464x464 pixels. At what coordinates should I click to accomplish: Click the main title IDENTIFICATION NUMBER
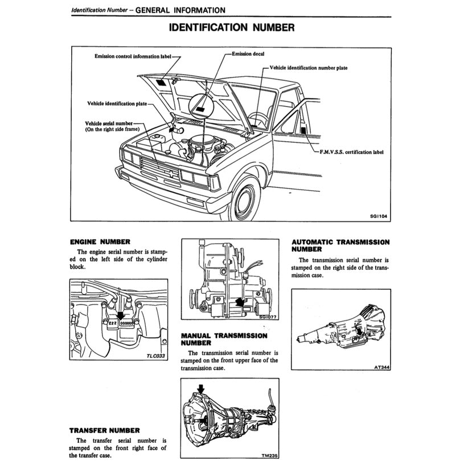click(232, 27)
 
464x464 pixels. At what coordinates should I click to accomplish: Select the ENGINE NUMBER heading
click(100, 241)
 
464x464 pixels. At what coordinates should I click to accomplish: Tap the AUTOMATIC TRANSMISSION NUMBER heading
click(340, 245)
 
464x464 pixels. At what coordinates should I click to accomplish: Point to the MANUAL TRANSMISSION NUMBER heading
click(224, 339)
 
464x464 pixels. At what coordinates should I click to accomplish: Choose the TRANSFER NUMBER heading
click(104, 430)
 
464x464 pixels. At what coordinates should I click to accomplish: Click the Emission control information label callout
click(133, 57)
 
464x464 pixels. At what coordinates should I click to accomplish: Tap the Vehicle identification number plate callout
click(308, 68)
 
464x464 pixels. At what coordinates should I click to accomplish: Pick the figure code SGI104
click(379, 216)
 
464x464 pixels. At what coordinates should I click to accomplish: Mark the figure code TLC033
click(155, 356)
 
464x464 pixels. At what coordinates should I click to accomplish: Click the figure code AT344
click(381, 367)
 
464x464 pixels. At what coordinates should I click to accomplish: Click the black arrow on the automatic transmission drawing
click(359, 331)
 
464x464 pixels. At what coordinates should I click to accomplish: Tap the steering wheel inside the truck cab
click(258, 120)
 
